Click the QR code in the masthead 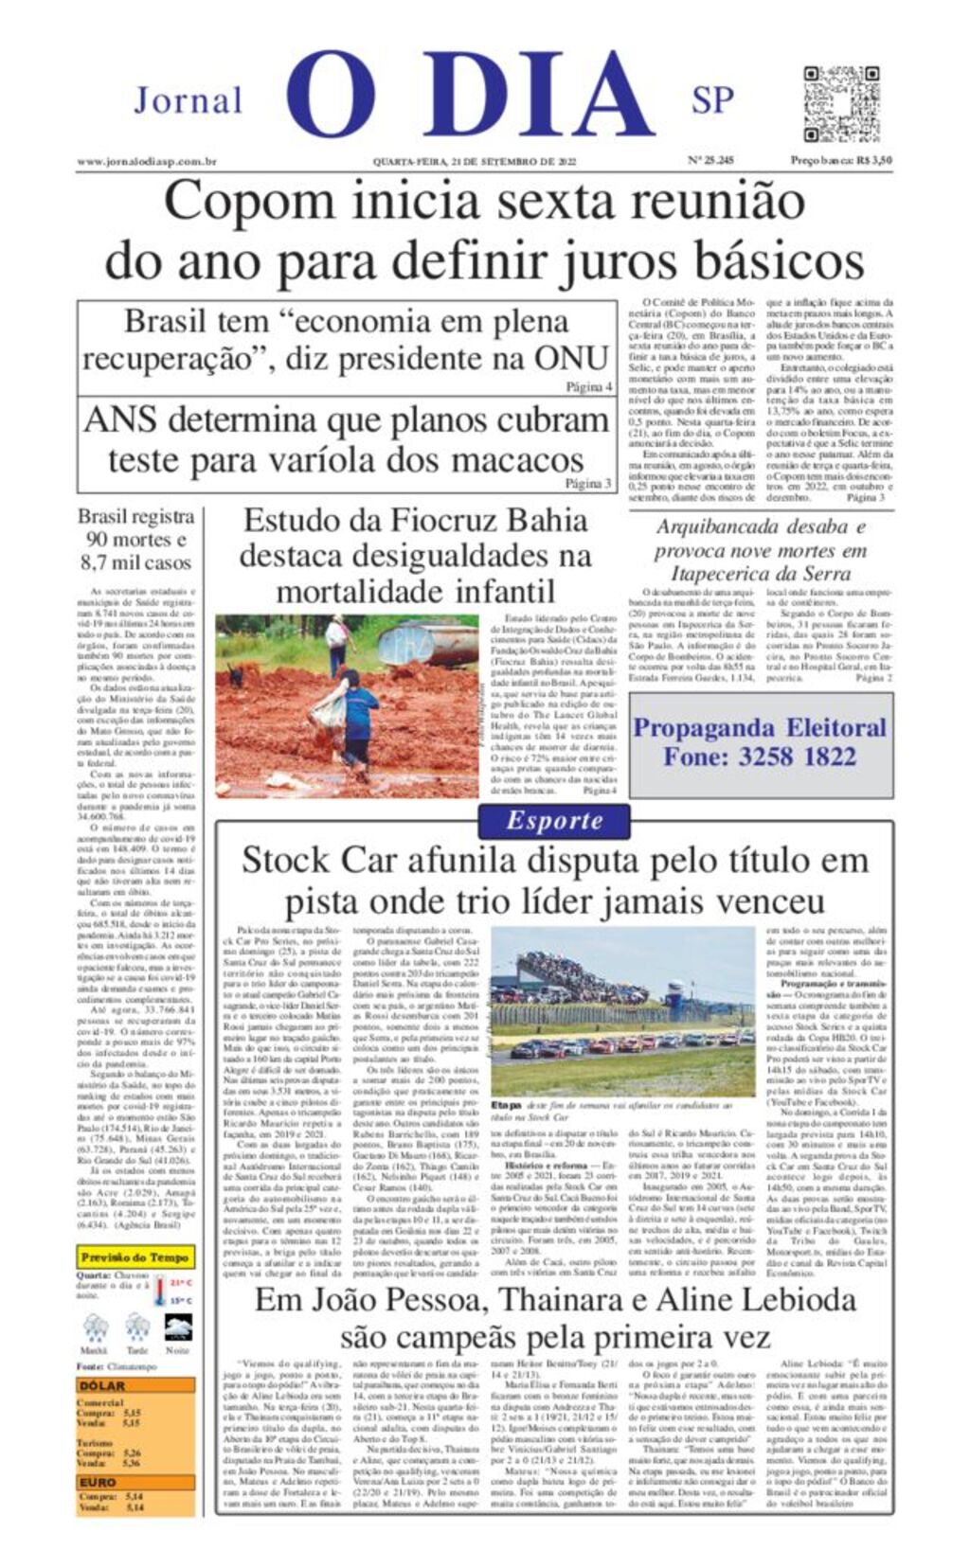pos(841,103)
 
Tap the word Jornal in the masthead pos(188,100)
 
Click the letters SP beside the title pos(712,99)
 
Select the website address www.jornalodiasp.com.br pos(147,162)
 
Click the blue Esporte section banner pos(554,821)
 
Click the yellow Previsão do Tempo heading pos(135,1257)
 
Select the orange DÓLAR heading pos(102,1385)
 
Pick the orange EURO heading pos(98,1483)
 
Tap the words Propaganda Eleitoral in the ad pos(760,727)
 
